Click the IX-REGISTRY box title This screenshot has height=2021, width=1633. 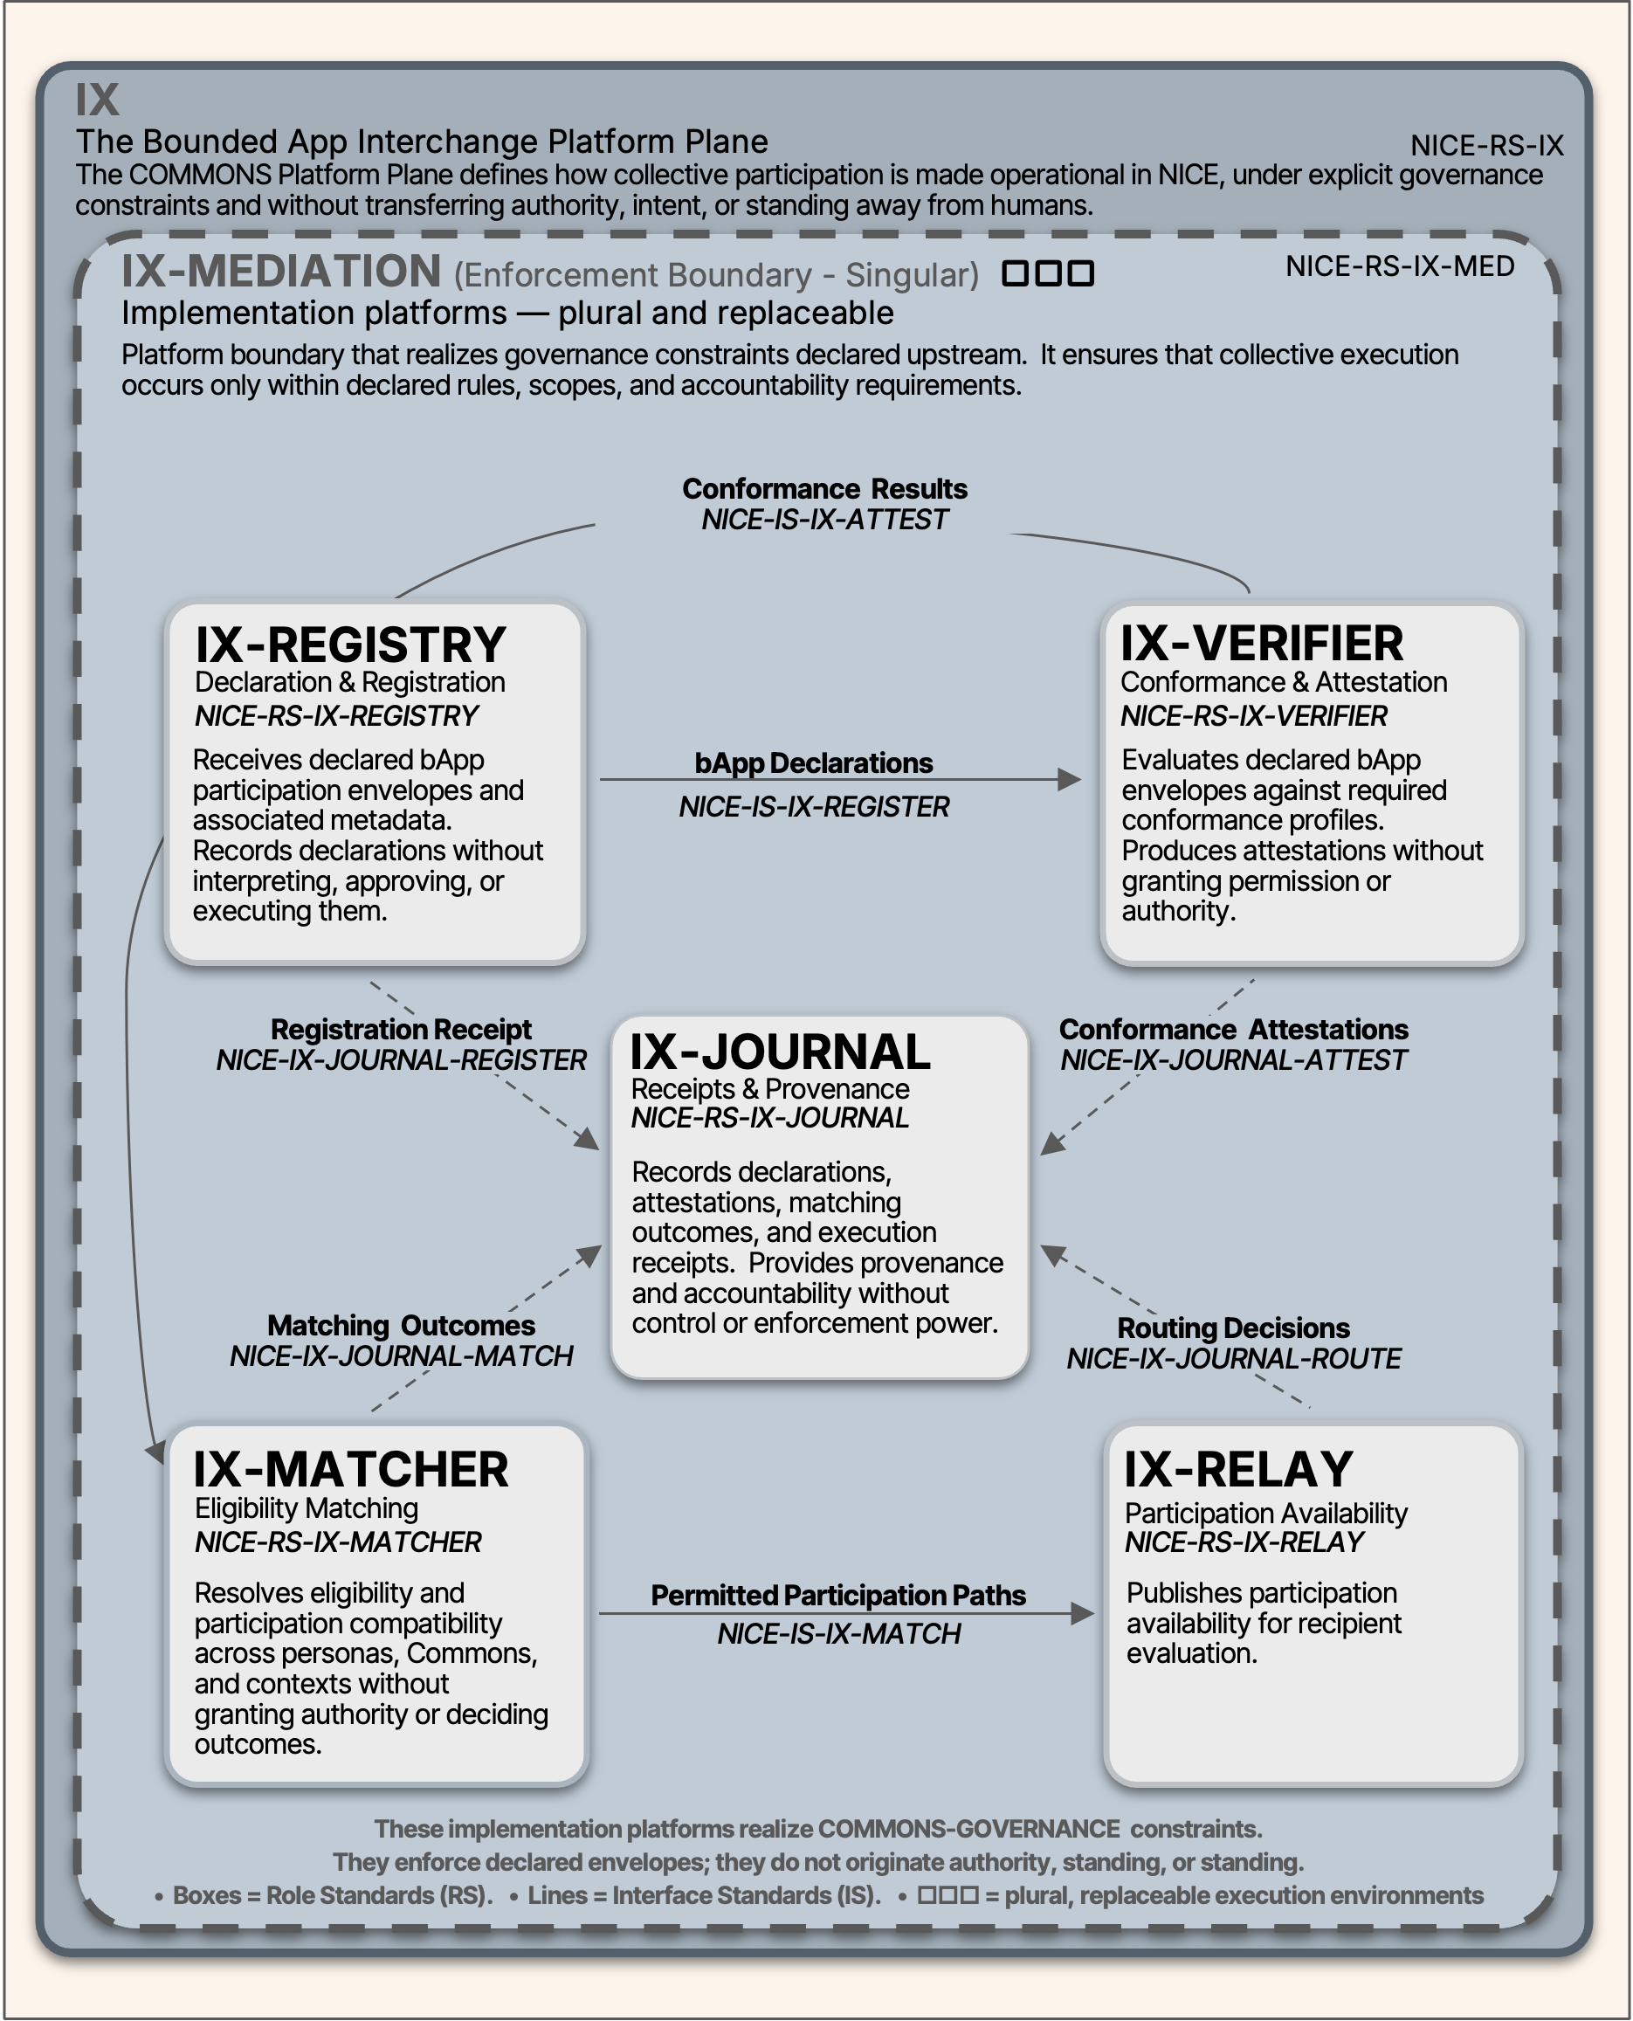pos(350,645)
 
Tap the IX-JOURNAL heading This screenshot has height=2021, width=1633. pos(779,1052)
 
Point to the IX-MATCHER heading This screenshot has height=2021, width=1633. pos(350,1470)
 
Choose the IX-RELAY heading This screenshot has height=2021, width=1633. pos(1238,1470)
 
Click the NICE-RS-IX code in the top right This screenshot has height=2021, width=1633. pos(1486,146)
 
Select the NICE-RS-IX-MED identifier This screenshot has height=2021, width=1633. pos(1400,266)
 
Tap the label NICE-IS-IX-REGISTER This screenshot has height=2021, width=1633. pos(814,807)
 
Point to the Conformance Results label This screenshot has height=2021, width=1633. pos(824,489)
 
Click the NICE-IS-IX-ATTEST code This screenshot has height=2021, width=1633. pos(824,521)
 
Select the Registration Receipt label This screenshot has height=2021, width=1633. pos(401,1030)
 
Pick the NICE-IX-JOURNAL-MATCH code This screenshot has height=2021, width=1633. pos(401,1356)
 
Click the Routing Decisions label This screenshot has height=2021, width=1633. pos(1233,1328)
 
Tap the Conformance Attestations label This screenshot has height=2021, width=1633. pos(1233,1030)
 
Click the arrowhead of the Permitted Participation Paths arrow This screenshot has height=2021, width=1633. pos(1083,1615)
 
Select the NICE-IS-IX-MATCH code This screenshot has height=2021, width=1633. pos(839,1634)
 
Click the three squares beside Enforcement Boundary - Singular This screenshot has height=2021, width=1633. pos(1048,273)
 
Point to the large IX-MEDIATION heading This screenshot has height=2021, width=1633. pos(280,271)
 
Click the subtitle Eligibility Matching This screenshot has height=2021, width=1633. pos(306,1508)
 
